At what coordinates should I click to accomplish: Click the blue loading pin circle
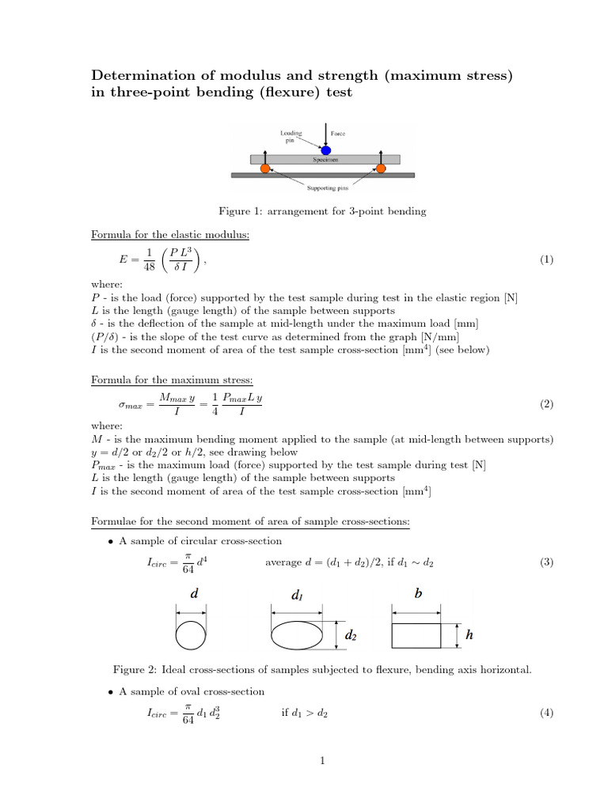(x=325, y=150)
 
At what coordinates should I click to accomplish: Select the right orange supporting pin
(x=381, y=168)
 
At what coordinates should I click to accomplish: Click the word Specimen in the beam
(x=325, y=159)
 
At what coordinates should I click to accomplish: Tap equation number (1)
(x=546, y=259)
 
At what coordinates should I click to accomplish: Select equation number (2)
(x=546, y=404)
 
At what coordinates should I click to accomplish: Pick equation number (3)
(x=546, y=562)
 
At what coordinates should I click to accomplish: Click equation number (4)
(x=546, y=713)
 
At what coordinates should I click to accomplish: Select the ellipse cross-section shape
(x=297, y=634)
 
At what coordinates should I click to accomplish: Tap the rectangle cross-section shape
(x=416, y=635)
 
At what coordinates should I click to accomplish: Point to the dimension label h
(x=469, y=634)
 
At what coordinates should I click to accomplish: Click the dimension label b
(x=417, y=593)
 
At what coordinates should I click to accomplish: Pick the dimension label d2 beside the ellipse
(x=351, y=634)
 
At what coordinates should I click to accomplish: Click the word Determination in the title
(x=143, y=76)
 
